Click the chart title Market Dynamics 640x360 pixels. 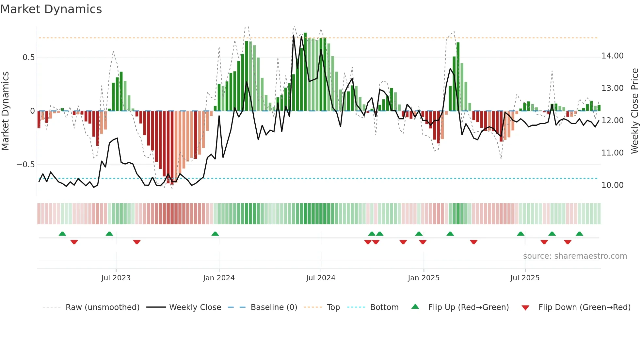pyautogui.click(x=51, y=9)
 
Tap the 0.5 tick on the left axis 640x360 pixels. pyautogui.click(x=28, y=57)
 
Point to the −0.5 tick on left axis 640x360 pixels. pyautogui.click(x=25, y=165)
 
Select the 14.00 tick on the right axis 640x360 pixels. pyautogui.click(x=612, y=56)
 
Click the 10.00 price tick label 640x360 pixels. pyautogui.click(x=612, y=185)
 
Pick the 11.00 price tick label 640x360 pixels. pyautogui.click(x=612, y=153)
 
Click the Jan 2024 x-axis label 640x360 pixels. pyautogui.click(x=219, y=278)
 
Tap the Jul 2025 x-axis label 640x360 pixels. pyautogui.click(x=525, y=278)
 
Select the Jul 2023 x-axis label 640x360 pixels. pyautogui.click(x=116, y=278)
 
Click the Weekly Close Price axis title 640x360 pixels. pyautogui.click(x=634, y=111)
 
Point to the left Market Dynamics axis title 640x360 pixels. pyautogui.click(x=5, y=111)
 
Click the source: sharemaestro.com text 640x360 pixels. pyautogui.click(x=575, y=256)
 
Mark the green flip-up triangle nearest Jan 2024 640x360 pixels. pyautogui.click(x=215, y=234)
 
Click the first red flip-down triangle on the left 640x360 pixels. pyautogui.click(x=74, y=242)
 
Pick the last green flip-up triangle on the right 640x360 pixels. pyautogui.click(x=579, y=234)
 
